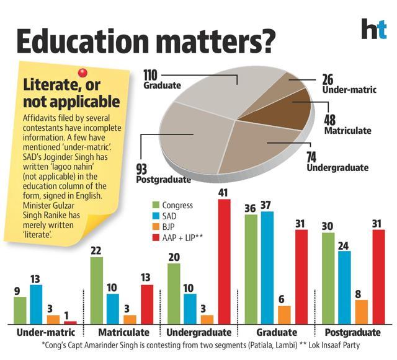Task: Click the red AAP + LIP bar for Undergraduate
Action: (225, 261)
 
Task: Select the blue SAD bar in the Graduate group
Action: (267, 268)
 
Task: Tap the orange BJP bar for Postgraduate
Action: (361, 312)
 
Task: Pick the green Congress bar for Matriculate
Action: (97, 291)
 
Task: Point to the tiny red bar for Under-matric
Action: (70, 323)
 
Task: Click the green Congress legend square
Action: (156, 205)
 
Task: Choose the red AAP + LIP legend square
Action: (156, 237)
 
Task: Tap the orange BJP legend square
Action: (156, 227)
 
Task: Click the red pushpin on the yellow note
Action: (83, 73)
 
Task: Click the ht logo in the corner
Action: (374, 29)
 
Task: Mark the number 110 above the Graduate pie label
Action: (150, 75)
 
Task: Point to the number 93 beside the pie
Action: (141, 169)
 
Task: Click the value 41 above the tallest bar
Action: (223, 193)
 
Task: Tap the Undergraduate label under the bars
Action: (198, 332)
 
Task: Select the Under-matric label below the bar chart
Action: (46, 332)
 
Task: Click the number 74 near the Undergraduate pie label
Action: (311, 157)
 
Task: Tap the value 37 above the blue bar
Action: (265, 205)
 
